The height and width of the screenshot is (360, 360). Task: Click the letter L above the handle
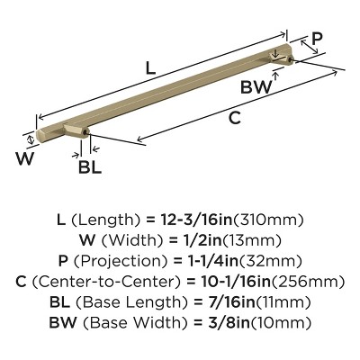pyautogui.click(x=150, y=67)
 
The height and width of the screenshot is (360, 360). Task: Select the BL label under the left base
pyautogui.click(x=89, y=166)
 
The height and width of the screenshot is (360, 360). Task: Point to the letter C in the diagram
pyautogui.click(x=234, y=116)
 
